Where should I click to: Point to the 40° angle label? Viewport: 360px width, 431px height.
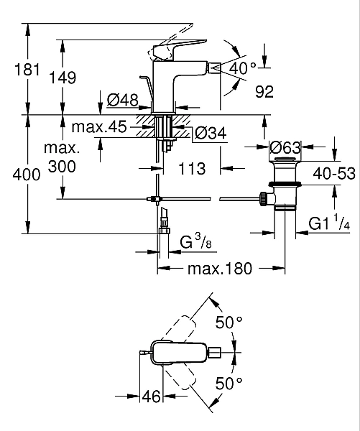[x=243, y=69]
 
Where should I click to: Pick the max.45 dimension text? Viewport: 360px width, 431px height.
[x=99, y=127]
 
